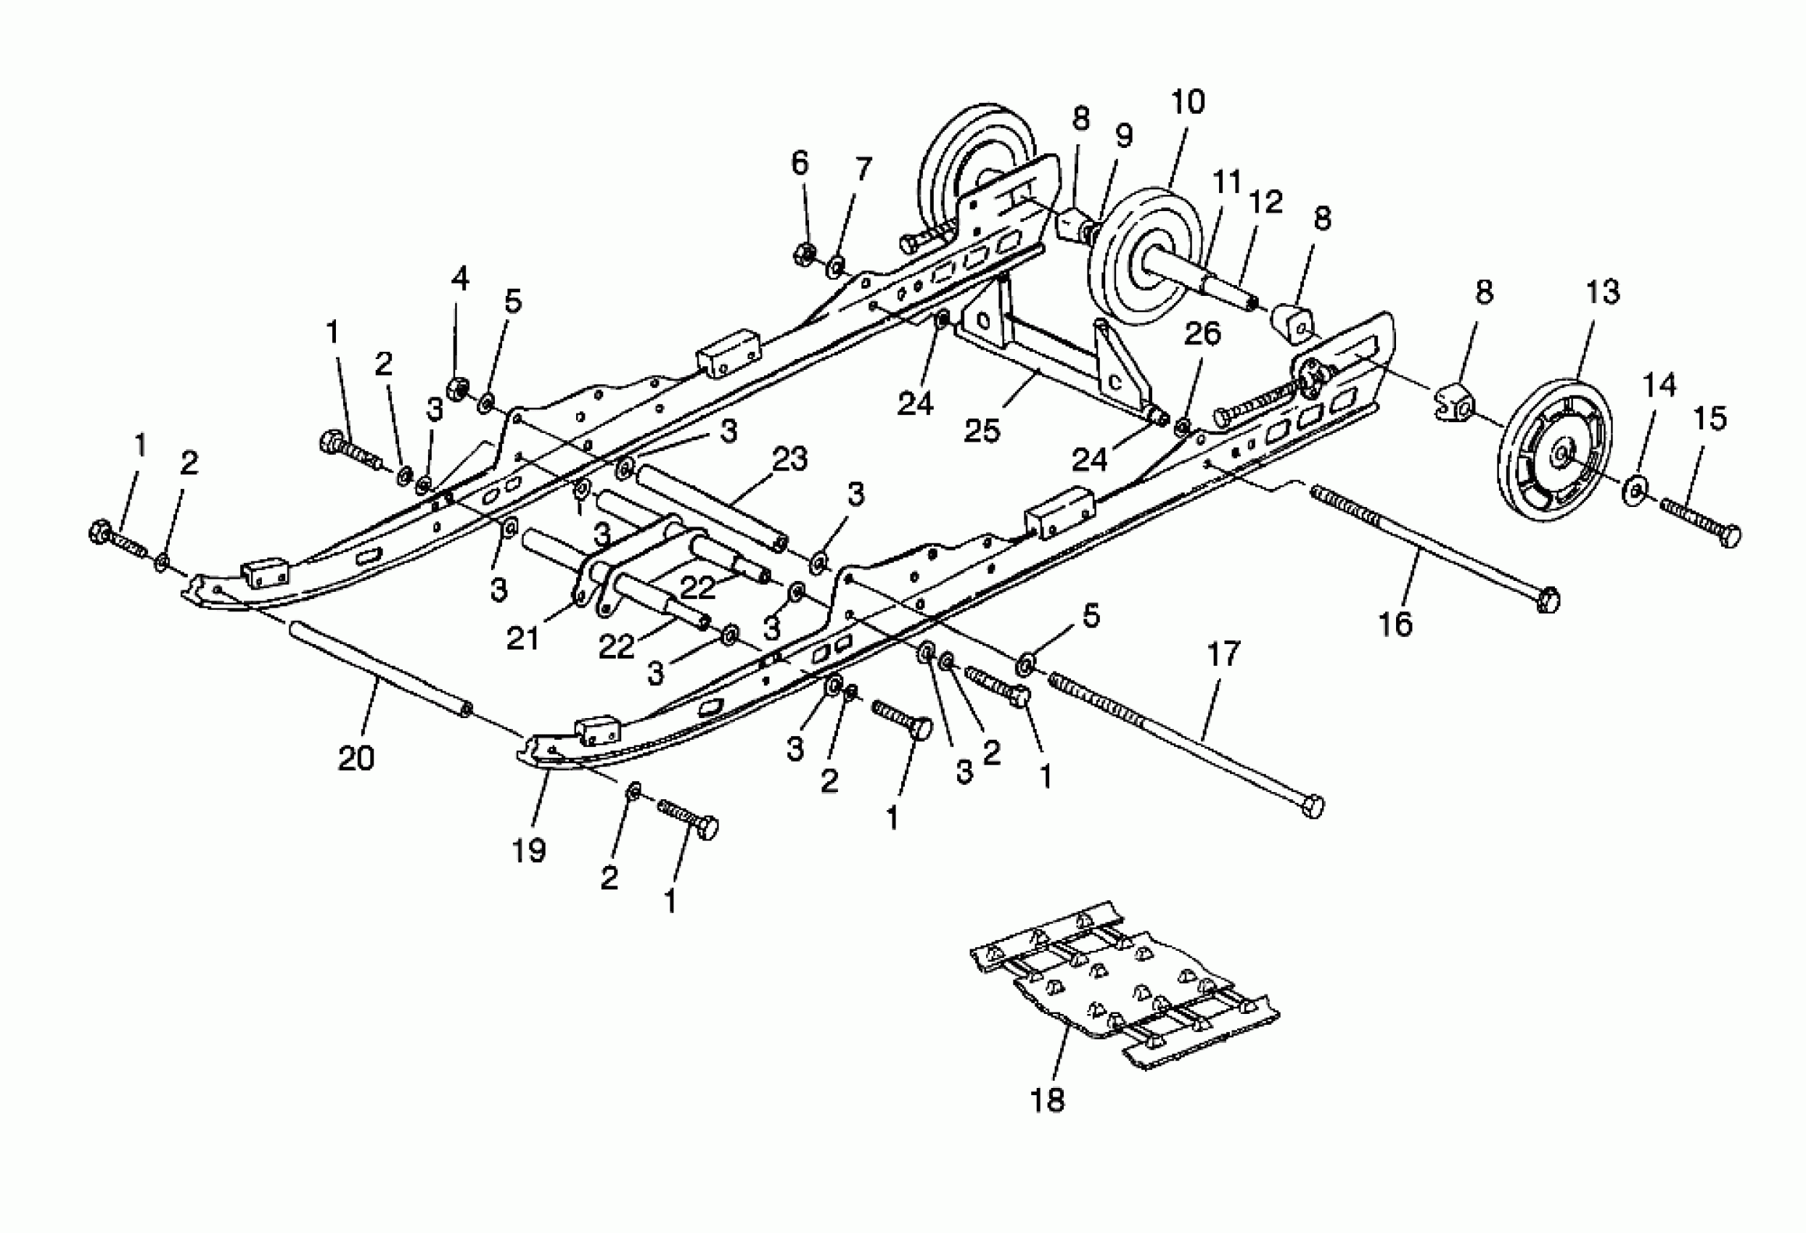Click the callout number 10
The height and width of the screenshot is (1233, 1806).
(x=1187, y=102)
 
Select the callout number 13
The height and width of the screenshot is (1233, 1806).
(x=1602, y=292)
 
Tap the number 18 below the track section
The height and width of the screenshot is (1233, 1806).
(x=1047, y=1100)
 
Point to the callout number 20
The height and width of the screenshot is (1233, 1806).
(x=357, y=757)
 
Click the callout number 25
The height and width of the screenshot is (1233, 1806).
(x=982, y=432)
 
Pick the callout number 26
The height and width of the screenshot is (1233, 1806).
(x=1202, y=334)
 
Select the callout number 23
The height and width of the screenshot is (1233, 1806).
(x=789, y=458)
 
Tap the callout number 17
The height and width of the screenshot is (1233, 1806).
(x=1223, y=653)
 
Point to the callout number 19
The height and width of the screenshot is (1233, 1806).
(x=529, y=850)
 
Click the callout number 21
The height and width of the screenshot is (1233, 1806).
(x=523, y=639)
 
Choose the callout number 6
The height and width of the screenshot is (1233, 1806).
(x=800, y=162)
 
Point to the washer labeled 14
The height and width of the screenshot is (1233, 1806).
(x=1633, y=490)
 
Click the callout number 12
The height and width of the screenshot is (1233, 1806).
(x=1266, y=202)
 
